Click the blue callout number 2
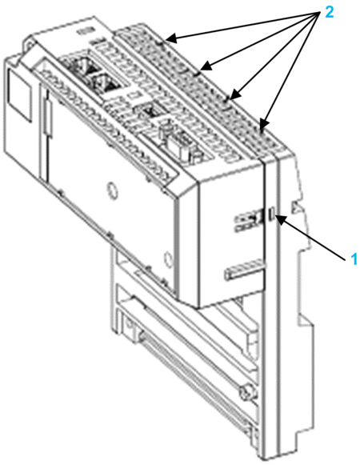coord(329,12)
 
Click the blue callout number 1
coord(354,259)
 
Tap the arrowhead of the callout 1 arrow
coord(281,218)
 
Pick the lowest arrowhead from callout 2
coord(264,124)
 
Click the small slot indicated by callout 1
coord(271,214)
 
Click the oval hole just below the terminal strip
coord(112,190)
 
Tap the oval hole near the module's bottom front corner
coord(168,258)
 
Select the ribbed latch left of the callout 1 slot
coord(250,219)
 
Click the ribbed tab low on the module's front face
coord(244,269)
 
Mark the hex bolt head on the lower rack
coord(246,392)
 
